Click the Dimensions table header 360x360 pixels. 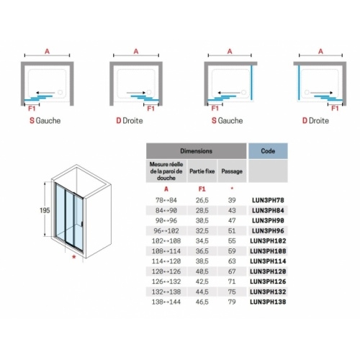[196, 152]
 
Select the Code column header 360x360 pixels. [268, 152]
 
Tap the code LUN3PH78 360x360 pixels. [268, 199]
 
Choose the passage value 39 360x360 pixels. [232, 199]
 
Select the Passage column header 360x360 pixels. [232, 172]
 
